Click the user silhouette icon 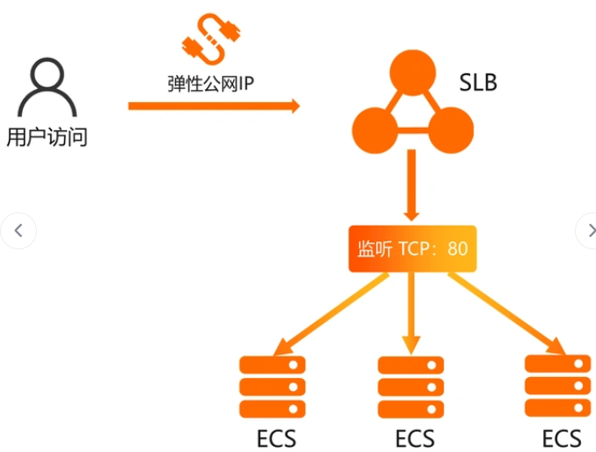48,87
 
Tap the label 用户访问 48,137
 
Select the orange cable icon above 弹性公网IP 211,39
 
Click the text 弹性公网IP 210,84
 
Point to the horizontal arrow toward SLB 214,106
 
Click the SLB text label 478,83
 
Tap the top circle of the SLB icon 412,72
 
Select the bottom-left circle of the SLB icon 375,130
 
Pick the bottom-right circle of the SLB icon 451,130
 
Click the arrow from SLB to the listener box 411,185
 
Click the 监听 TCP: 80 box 412,248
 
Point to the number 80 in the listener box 457,248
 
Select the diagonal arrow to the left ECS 331,314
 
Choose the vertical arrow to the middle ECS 411,314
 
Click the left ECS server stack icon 272,387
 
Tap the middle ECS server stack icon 410,387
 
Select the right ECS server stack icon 557,386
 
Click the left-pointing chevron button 18,231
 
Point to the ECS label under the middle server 415,438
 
